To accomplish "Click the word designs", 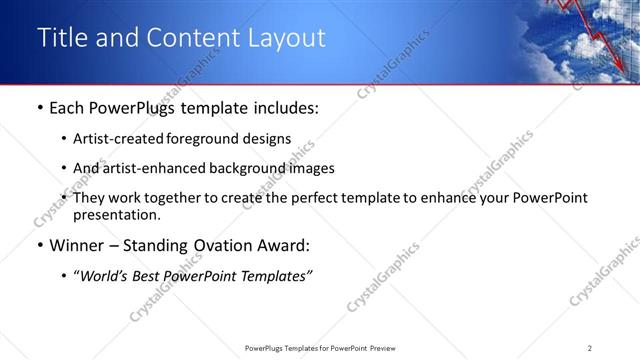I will click(x=269, y=140).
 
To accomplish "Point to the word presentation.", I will click(x=116, y=214).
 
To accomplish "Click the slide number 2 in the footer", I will click(x=590, y=347).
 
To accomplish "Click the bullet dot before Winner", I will click(x=39, y=246).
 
